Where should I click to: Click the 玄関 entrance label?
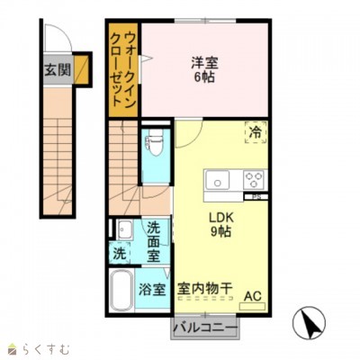coord(58,69)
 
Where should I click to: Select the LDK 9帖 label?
coord(222,224)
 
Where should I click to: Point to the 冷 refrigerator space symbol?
coord(256,132)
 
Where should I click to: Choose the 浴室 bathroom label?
coord(152,290)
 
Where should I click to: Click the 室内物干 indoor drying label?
coord(204,289)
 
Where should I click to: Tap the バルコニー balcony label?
coord(204,326)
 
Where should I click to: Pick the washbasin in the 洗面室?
coord(125,229)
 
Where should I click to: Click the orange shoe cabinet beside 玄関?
coord(83,68)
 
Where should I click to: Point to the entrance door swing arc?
coord(56,40)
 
